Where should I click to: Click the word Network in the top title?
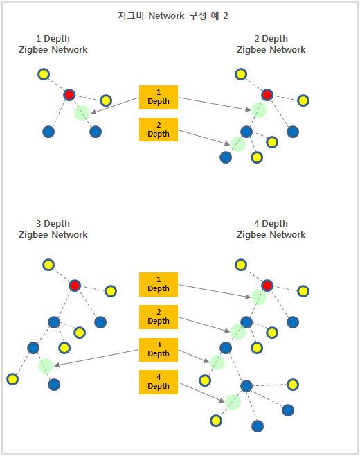click(x=166, y=15)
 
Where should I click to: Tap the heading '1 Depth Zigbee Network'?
click(x=53, y=44)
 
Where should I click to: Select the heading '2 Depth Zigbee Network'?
click(x=271, y=44)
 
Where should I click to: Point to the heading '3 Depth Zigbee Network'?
click(x=53, y=229)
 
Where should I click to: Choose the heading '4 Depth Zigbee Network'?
click(x=271, y=229)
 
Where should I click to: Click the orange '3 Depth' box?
click(x=159, y=349)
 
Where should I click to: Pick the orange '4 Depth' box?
click(x=159, y=382)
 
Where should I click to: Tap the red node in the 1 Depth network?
click(x=69, y=95)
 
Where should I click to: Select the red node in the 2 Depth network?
click(x=267, y=95)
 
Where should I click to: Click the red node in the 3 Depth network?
click(x=75, y=286)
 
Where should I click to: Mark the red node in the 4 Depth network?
click(x=267, y=286)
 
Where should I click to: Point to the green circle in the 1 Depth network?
click(x=82, y=112)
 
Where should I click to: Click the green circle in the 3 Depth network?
click(x=46, y=366)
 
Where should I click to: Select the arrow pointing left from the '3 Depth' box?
click(x=96, y=358)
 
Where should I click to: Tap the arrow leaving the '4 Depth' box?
click(x=201, y=392)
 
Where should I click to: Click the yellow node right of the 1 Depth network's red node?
click(x=106, y=100)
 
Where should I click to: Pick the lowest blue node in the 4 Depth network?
click(x=257, y=426)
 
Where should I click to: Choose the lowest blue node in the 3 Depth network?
click(x=54, y=385)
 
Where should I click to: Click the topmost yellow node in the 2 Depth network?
click(x=241, y=74)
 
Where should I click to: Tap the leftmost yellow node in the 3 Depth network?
click(x=12, y=379)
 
